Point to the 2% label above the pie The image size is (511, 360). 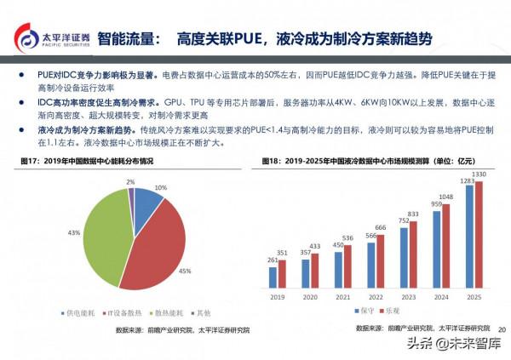point(129,182)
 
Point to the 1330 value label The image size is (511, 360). point(479,174)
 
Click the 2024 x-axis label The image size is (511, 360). point(441,298)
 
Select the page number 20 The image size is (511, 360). point(501,328)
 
